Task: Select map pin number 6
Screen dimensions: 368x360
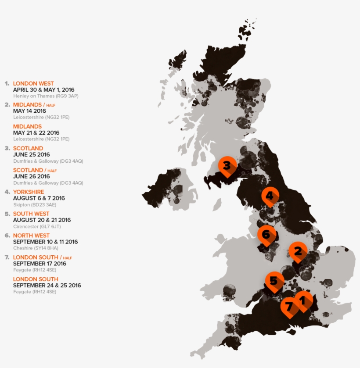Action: [266, 235]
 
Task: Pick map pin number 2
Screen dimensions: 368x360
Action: [298, 251]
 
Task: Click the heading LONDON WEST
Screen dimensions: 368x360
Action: [33, 83]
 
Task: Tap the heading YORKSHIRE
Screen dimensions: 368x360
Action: [29, 192]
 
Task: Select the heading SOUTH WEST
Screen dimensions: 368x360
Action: [31, 214]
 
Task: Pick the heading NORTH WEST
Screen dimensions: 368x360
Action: [31, 236]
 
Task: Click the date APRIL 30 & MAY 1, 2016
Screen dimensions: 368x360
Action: [43, 89]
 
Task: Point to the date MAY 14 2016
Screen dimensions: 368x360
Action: [29, 111]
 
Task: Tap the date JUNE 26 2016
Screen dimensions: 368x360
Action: [31, 176]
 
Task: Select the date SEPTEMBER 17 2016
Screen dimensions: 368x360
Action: [40, 264]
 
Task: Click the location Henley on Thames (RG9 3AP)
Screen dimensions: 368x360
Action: [46, 96]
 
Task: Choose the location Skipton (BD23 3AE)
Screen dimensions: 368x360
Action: [35, 204]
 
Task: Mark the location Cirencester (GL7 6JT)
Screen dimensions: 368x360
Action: [37, 226]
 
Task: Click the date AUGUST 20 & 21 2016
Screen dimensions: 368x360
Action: [42, 220]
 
